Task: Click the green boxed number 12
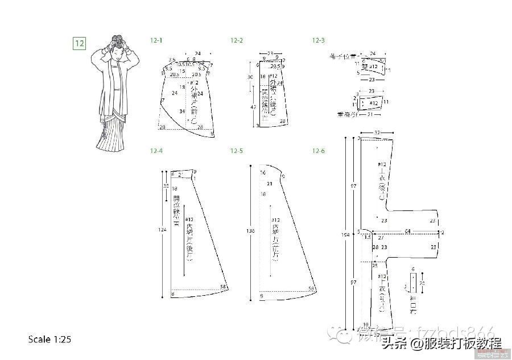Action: point(79,43)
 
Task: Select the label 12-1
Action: point(156,40)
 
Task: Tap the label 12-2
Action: point(237,40)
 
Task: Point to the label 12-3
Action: point(318,40)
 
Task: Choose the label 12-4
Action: point(156,151)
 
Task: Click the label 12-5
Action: point(237,151)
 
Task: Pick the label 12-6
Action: point(318,151)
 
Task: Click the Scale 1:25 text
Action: point(49,340)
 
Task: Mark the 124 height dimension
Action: point(163,230)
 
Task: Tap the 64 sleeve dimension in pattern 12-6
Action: point(407,230)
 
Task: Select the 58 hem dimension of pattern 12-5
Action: point(312,289)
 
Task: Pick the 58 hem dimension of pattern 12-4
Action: point(223,286)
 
